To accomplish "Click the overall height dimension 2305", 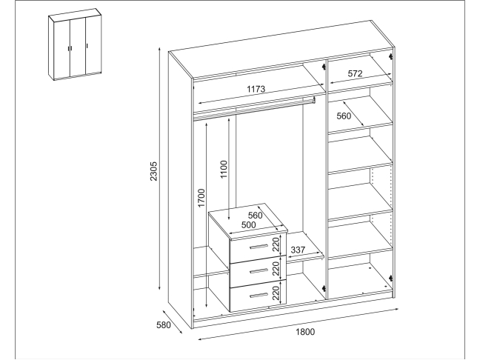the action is (x=153, y=171).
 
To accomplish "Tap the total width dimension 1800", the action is (x=305, y=332).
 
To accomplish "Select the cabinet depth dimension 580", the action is (x=164, y=324).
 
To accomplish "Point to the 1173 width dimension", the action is (x=256, y=89).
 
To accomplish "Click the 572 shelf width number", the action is (x=355, y=73).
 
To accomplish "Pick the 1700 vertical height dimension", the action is (x=201, y=198).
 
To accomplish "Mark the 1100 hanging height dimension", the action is (x=224, y=170).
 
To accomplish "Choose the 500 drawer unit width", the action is (x=249, y=225).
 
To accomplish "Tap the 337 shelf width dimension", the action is (x=298, y=250).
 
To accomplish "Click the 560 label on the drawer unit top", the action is (x=256, y=216).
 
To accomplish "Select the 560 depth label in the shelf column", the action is (x=344, y=116).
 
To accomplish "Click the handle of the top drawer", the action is (x=259, y=247).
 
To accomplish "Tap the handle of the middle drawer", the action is (x=259, y=271).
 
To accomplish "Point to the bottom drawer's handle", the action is (x=259, y=295).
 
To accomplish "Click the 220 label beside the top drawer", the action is (x=276, y=244).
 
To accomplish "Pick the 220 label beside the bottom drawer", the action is (x=276, y=293).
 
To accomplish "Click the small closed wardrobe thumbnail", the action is (x=75, y=44).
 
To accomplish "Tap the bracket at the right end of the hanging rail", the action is (x=314, y=100).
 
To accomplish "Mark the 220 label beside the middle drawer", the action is (x=276, y=268).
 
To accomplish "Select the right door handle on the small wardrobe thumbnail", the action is (x=87, y=46).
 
